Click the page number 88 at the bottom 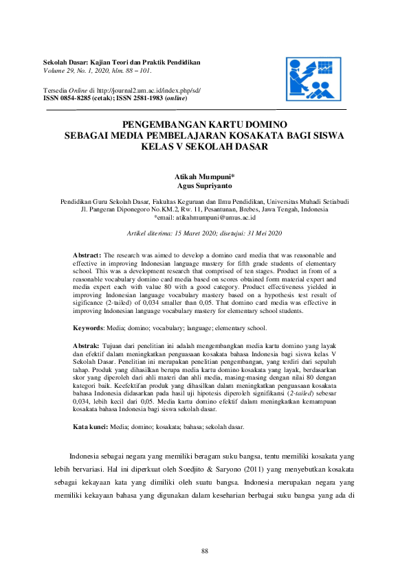(204, 551)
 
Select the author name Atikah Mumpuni (203, 177)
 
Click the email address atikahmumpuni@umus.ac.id (216, 216)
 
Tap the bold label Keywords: (89, 328)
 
